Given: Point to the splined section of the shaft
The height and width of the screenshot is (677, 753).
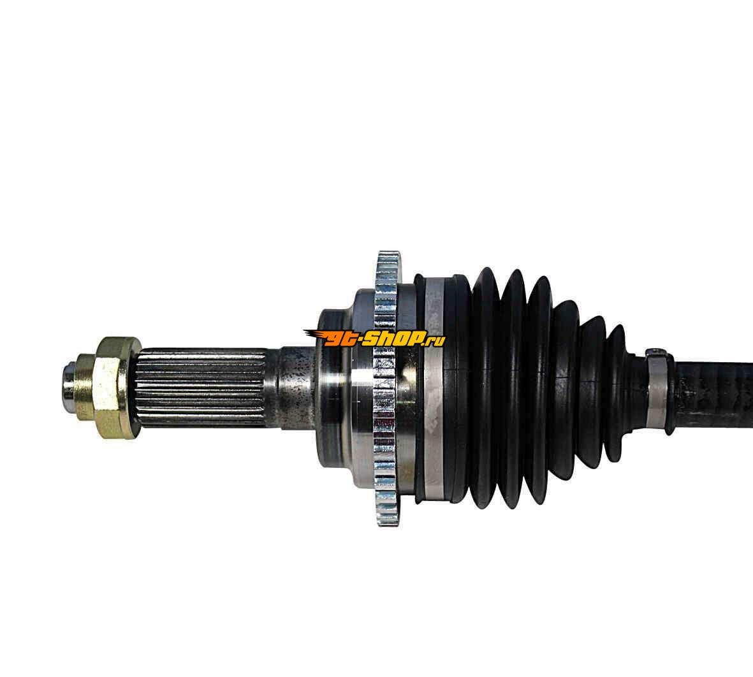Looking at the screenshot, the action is pyautogui.click(x=201, y=388).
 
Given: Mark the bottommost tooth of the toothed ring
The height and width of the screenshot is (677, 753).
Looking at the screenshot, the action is pyautogui.click(x=388, y=520).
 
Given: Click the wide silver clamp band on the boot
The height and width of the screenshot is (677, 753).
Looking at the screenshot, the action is pyautogui.click(x=435, y=389).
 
